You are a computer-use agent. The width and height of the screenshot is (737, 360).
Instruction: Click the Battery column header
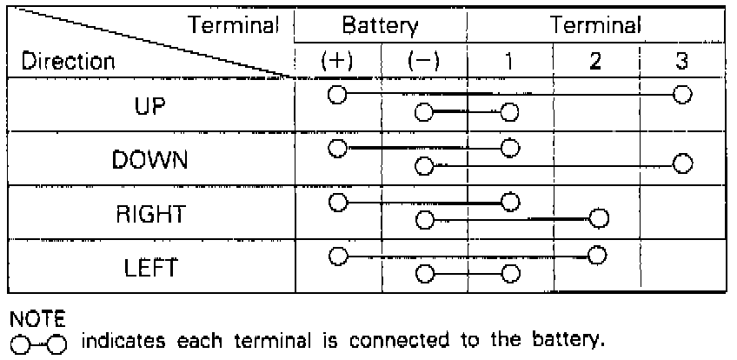(x=380, y=26)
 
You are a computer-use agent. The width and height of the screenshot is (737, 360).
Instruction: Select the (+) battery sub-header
(x=337, y=63)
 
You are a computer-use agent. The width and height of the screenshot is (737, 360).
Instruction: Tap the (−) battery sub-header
(x=424, y=63)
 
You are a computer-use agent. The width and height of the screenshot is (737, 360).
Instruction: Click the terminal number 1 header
(x=509, y=63)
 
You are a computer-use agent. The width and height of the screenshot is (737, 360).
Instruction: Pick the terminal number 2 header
(x=596, y=63)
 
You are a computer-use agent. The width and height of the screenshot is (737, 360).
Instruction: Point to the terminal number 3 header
(x=683, y=63)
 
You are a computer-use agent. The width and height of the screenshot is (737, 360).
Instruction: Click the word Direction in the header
(x=68, y=63)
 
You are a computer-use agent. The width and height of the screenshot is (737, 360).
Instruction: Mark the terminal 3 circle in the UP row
(x=683, y=95)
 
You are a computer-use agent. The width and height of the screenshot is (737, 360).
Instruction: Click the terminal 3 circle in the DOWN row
(x=683, y=163)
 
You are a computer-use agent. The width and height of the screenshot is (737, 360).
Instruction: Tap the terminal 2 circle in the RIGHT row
(x=597, y=218)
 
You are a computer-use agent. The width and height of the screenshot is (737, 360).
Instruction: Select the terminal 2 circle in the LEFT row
(x=596, y=256)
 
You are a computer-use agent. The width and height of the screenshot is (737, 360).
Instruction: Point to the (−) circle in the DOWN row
(x=424, y=163)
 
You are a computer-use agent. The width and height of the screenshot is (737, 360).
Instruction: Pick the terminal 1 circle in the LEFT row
(x=510, y=274)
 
